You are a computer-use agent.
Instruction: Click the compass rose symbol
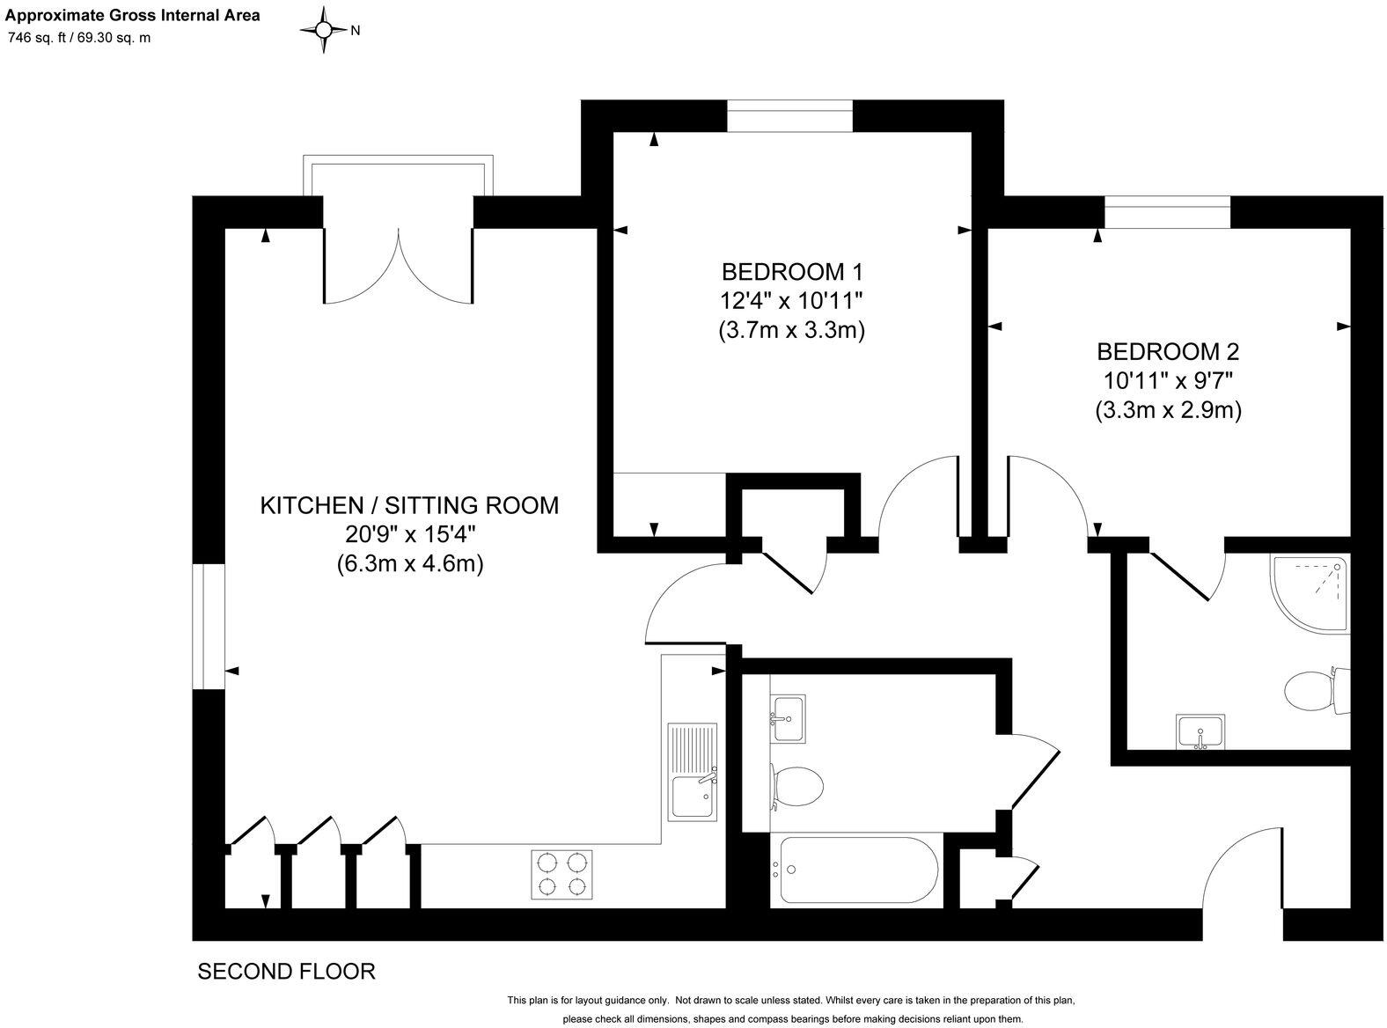click(324, 30)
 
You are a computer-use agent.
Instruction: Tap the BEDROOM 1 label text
click(791, 270)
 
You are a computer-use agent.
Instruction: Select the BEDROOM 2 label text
click(1168, 352)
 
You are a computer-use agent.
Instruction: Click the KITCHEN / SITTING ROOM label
click(409, 505)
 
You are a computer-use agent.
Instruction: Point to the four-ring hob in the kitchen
click(561, 874)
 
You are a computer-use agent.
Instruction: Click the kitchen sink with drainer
click(693, 772)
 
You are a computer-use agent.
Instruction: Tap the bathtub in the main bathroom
click(855, 870)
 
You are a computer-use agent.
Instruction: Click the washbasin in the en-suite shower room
click(1200, 731)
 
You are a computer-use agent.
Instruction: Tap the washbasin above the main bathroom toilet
click(788, 717)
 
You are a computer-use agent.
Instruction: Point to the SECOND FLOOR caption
click(286, 972)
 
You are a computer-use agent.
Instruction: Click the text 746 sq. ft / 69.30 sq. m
click(79, 38)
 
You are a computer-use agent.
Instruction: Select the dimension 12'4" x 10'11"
click(791, 301)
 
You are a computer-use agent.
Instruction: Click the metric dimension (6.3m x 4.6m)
click(409, 564)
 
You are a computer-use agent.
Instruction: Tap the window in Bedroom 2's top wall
click(1167, 212)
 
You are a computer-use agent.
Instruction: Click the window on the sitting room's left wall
click(209, 626)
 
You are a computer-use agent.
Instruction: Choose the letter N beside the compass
click(356, 31)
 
